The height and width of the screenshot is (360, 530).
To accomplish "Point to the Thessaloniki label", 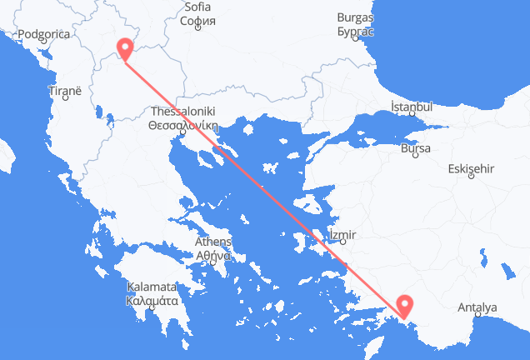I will tap(182, 111).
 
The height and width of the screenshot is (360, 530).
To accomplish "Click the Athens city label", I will tap(212, 242).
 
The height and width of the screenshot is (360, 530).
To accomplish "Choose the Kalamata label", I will tap(152, 287).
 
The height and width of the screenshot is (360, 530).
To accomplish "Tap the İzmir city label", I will tap(342, 233).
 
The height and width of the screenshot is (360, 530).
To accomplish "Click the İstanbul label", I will tap(412, 107).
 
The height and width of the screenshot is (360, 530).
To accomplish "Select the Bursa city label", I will tap(415, 148).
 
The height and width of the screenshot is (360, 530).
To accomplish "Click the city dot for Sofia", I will tap(197, 27).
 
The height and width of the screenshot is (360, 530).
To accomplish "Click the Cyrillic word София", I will tap(197, 20).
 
